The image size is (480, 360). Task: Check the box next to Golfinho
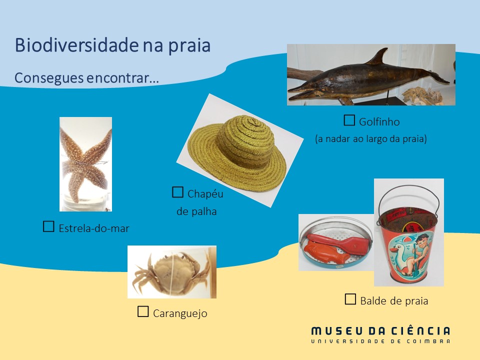[x=349, y=120]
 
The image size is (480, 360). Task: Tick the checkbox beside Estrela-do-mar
[x=48, y=226]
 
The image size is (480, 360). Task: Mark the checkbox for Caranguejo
[x=143, y=311]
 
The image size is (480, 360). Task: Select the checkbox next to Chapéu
[x=177, y=192]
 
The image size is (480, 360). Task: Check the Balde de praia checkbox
[x=350, y=299]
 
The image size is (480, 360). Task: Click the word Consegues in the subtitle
[x=49, y=78]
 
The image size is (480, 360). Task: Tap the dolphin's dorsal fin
[x=378, y=56]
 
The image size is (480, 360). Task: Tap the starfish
[x=85, y=164]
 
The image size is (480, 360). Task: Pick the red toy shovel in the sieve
[x=340, y=243]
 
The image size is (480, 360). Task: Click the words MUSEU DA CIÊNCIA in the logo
[x=380, y=331]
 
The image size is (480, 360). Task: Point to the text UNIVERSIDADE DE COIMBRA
[x=380, y=341]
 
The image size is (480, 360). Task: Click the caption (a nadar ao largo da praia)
[x=371, y=138]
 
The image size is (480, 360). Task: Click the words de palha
[x=196, y=211]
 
